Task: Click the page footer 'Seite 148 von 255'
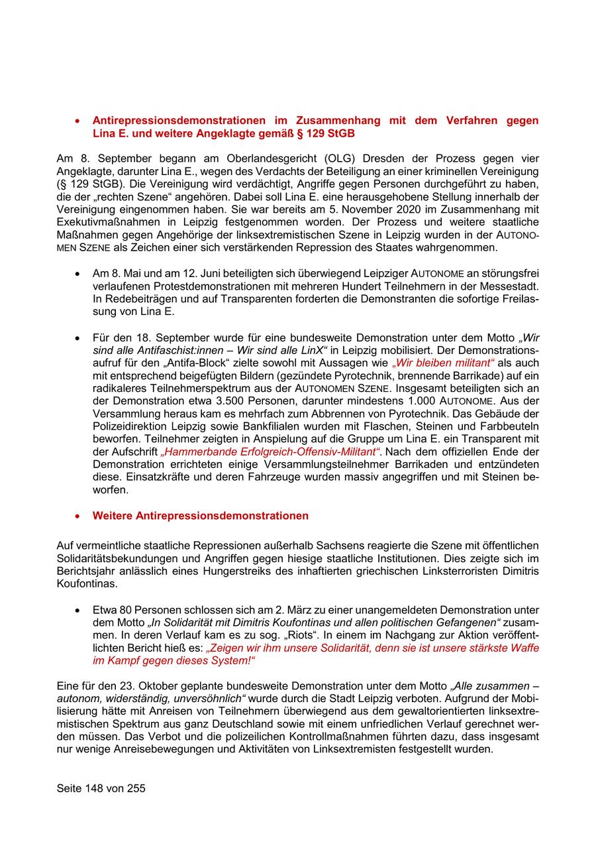(x=101, y=788)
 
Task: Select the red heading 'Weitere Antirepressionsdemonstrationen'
(x=200, y=515)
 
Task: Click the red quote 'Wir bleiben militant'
(x=443, y=363)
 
